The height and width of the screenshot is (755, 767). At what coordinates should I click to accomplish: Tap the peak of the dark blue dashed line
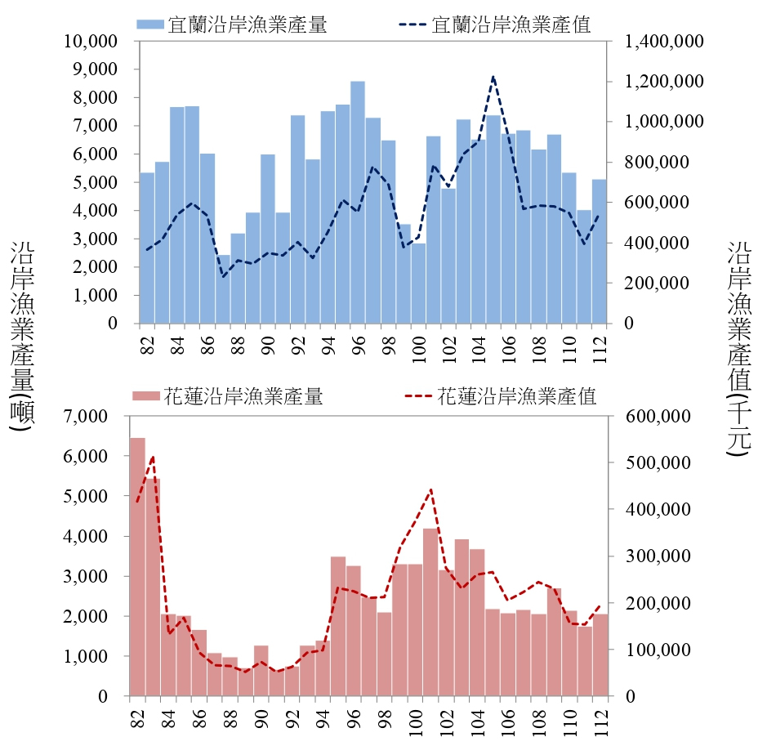pos(493,76)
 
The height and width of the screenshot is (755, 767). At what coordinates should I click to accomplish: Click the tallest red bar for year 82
pos(137,567)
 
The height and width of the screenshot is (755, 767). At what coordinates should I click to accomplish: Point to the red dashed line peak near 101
pos(430,489)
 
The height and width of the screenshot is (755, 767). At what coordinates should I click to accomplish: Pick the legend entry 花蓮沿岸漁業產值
pos(501,397)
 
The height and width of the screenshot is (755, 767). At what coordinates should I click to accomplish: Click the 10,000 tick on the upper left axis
pos(96,41)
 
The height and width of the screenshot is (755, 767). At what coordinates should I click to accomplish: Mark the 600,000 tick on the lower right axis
pos(658,417)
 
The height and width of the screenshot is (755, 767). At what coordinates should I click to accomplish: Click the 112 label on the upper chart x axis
pos(600,347)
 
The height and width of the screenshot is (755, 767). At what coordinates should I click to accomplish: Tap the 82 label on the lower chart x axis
pos(136,717)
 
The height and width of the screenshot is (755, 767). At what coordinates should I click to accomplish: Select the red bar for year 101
pos(430,613)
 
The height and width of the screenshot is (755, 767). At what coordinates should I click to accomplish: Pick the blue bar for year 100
pos(418,283)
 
